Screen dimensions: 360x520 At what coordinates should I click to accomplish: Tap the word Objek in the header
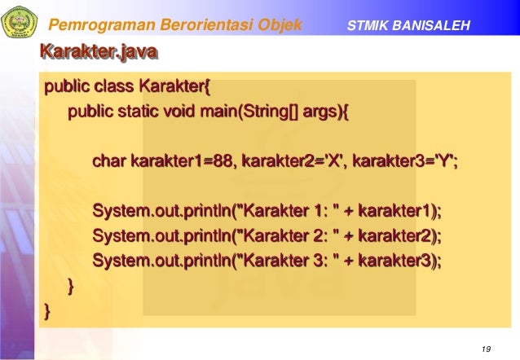click(278, 25)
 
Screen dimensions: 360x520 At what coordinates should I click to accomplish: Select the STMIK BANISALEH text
click(408, 26)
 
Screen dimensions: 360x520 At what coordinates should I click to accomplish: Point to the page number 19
click(487, 349)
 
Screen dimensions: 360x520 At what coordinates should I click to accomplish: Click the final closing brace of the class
click(47, 310)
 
